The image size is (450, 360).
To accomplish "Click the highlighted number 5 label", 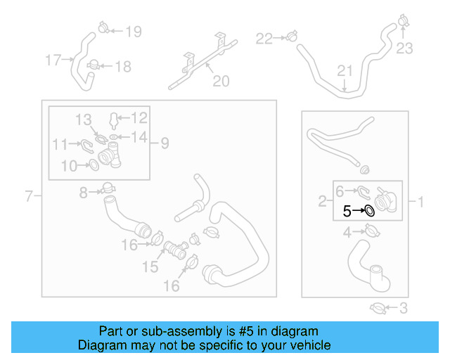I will tap(347, 210).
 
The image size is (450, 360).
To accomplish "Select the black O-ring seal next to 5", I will tap(369, 210).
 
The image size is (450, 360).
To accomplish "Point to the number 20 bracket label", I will tap(221, 82).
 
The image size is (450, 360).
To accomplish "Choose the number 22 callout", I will tap(263, 38).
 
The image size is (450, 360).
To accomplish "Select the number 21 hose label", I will tap(344, 70).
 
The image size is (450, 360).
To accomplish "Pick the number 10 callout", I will tap(68, 166).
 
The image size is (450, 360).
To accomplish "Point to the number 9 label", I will tap(164, 143).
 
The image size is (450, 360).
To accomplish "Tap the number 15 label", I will tap(150, 267).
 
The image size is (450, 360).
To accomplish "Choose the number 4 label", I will tap(347, 232).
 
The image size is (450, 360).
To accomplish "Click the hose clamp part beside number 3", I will tap(378, 307).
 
